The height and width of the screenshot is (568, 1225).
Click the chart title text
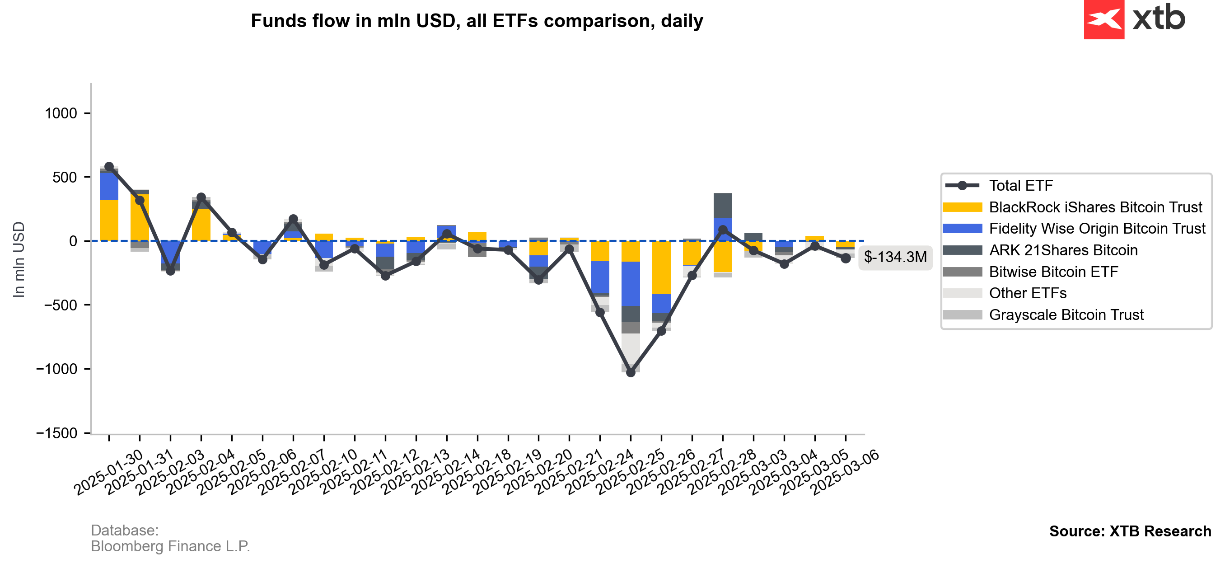[x=477, y=21]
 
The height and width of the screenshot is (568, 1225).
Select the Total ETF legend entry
[x=1020, y=186]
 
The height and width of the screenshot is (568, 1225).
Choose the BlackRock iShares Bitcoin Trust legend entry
[x=1095, y=207]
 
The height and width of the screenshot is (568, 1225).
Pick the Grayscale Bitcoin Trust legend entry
[x=1066, y=315]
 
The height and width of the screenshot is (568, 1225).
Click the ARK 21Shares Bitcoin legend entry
[x=1063, y=250]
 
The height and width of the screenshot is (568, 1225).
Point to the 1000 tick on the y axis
[x=61, y=113]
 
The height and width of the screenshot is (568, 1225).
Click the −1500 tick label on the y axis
[x=56, y=433]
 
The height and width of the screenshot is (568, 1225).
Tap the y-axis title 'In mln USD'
[x=19, y=260]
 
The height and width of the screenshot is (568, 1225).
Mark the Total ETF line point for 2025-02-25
[x=631, y=372]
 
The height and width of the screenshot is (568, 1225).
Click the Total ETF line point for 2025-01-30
[x=109, y=166]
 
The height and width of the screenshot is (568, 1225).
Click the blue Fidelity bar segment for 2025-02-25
[x=631, y=283]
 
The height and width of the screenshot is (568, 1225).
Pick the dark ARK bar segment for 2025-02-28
[x=723, y=206]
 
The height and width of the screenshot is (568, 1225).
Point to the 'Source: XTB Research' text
[x=1130, y=531]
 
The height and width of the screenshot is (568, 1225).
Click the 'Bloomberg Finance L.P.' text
[x=170, y=546]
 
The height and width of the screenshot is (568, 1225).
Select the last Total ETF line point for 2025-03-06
[x=846, y=258]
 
